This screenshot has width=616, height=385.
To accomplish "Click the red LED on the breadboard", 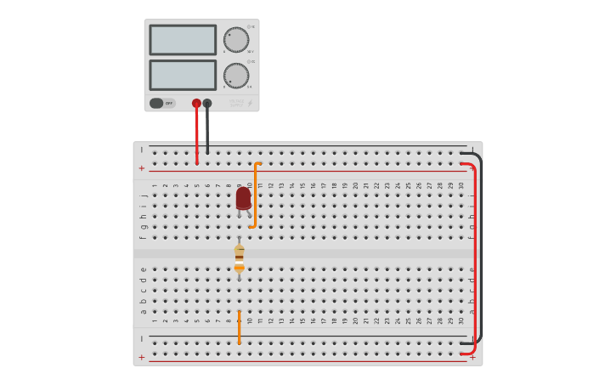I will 243,197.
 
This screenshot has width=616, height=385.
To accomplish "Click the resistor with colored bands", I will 239,258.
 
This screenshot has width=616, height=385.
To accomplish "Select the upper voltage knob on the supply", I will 236,39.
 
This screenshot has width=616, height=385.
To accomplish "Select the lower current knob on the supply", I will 236,76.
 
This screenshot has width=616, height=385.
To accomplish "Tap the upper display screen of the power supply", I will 183,40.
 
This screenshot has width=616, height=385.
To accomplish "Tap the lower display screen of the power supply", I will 183,75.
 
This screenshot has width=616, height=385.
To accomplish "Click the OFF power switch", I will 161,103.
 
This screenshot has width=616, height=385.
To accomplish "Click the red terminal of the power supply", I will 196,103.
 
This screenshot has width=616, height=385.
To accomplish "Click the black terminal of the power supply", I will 207,103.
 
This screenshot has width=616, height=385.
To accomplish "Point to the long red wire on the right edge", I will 474,255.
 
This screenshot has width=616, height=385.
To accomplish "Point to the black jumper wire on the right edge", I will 481,246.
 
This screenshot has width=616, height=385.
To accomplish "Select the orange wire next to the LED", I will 255,195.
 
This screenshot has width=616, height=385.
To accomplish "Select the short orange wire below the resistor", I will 239,327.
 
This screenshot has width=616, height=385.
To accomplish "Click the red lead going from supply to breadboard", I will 196,136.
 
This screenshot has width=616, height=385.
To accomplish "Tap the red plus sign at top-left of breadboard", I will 142,168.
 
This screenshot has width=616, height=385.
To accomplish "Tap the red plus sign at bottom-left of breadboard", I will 142,357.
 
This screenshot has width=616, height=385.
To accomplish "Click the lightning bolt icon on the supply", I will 250,103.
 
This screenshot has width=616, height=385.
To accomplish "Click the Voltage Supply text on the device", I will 235,103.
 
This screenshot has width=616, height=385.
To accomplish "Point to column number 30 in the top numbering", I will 461,185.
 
